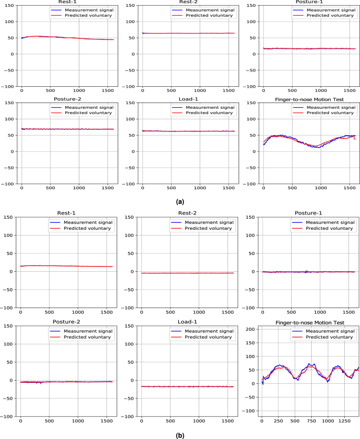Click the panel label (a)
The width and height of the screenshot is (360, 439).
(x=180, y=201)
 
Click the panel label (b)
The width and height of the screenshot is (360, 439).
(x=180, y=434)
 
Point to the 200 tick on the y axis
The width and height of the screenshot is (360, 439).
(x=251, y=329)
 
